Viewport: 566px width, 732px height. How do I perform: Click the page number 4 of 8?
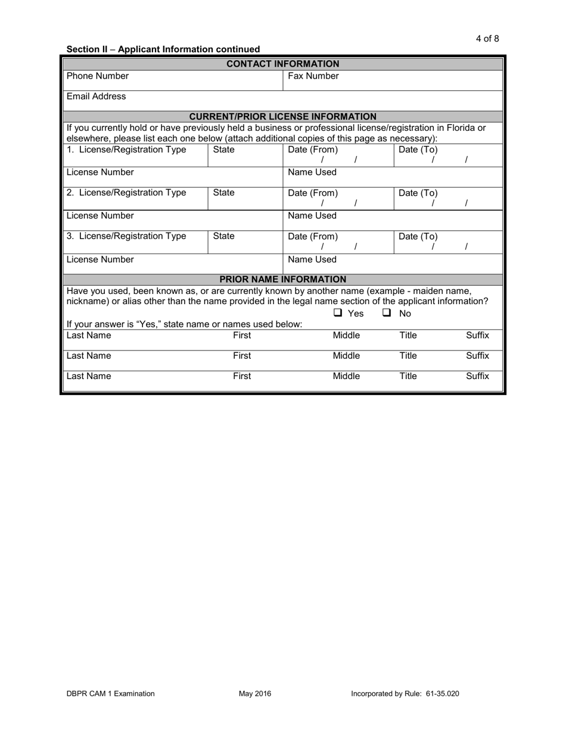coord(487,39)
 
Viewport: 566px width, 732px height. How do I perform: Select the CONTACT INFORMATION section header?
coord(283,64)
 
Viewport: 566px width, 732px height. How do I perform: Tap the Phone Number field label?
coord(97,76)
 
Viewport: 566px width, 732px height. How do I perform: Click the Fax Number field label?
coord(313,76)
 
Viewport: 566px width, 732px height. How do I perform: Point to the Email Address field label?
coord(96,96)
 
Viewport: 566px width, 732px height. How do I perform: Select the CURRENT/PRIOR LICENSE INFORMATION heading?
coord(282,117)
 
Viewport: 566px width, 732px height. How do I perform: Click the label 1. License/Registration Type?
coord(126,149)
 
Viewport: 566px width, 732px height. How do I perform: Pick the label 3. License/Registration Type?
coord(126,236)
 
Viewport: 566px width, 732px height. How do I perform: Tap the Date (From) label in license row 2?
coord(313,193)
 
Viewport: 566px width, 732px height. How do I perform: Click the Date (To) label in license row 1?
coord(418,149)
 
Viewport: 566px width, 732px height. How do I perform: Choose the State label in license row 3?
coord(223,236)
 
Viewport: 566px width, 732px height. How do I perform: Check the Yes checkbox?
coord(338,313)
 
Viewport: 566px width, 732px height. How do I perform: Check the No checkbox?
coord(387,313)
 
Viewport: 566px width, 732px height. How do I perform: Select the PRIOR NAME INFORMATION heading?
coord(282,279)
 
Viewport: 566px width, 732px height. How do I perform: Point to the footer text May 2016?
coord(255,693)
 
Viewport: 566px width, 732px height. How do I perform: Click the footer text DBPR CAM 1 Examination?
coord(111,693)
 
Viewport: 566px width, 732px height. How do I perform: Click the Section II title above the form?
coord(163,49)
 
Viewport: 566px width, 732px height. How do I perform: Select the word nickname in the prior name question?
coord(86,301)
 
